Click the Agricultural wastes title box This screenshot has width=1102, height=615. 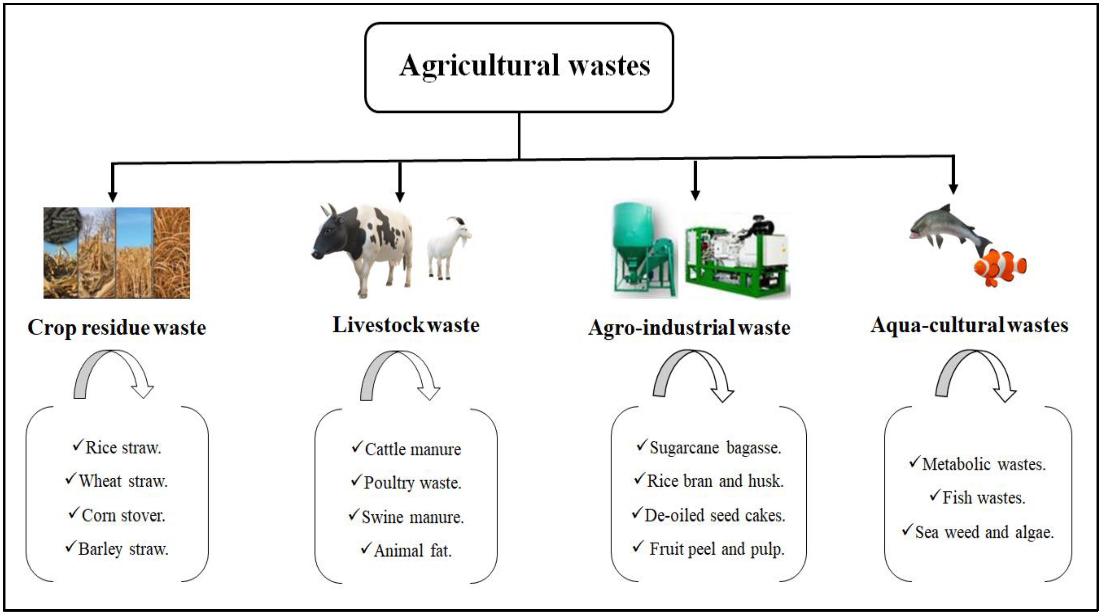click(519, 67)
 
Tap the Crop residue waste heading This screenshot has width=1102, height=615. click(117, 328)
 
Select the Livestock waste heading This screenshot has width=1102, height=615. click(406, 325)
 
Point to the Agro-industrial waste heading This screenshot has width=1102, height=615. click(689, 328)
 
